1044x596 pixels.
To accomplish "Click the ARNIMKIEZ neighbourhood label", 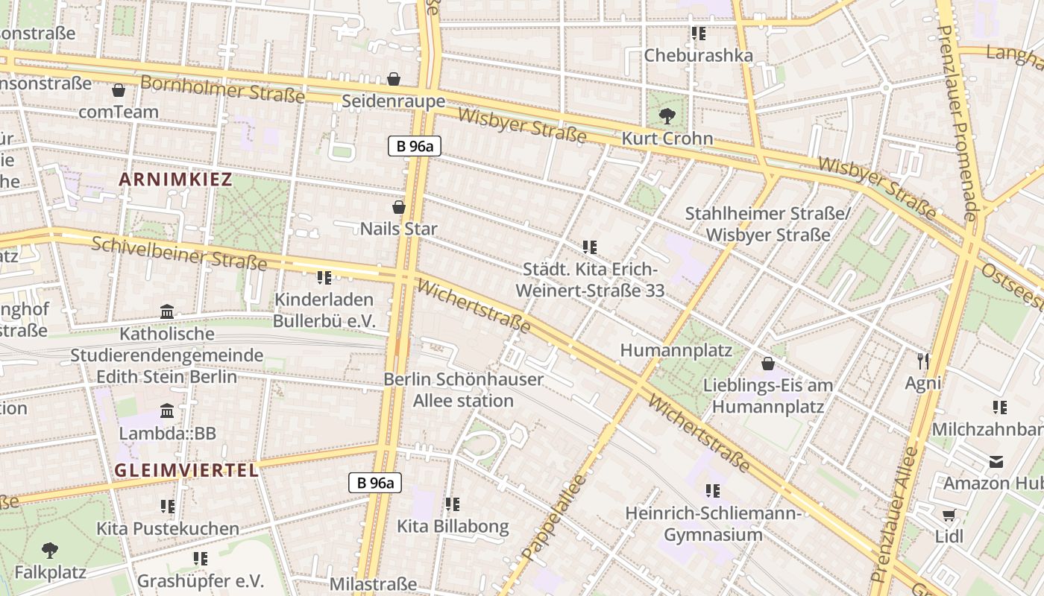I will coord(175,180).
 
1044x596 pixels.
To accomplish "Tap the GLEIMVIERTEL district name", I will coord(186,470).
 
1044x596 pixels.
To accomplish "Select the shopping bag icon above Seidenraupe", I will coord(394,79).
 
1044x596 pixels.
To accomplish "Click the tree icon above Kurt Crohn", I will coord(667,115).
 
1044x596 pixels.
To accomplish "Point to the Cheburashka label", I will coord(698,56).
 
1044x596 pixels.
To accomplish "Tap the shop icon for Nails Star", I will coord(399,206).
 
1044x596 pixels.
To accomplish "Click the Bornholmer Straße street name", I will coord(222,89).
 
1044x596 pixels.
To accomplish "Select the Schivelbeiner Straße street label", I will coord(179,251).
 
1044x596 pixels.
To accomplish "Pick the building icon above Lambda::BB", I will coord(167,411).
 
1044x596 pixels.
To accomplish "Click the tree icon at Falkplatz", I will coord(50,551).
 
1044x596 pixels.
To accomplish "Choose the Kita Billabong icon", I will coord(453,504).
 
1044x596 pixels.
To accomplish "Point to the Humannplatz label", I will coord(676,350).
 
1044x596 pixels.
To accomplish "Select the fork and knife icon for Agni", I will coord(923,361).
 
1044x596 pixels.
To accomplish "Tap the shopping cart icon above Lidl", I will coord(949,515).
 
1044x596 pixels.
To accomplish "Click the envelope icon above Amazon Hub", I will coord(996,462).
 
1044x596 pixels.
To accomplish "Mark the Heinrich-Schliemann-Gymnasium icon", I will coord(713,491).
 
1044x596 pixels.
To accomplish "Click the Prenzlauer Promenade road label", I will coord(956,123).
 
